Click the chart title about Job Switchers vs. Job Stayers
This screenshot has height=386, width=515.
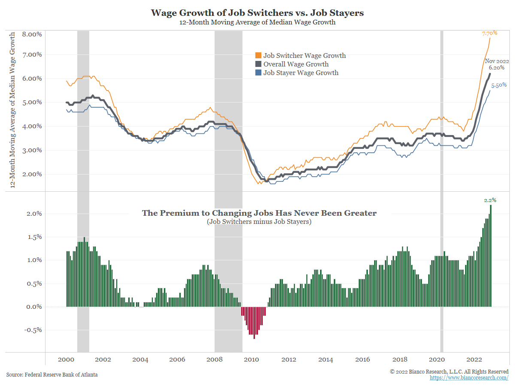257,13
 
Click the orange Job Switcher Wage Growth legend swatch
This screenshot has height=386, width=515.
258,56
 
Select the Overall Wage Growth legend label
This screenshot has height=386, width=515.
296,64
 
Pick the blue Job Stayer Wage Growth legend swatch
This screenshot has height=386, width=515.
258,73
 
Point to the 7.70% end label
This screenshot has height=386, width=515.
490,33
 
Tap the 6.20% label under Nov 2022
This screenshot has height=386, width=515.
497,68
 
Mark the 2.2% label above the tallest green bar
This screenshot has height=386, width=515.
490,200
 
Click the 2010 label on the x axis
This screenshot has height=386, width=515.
251,359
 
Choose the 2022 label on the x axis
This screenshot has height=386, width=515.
474,359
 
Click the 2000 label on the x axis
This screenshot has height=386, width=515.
66,359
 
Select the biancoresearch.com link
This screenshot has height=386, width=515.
469,378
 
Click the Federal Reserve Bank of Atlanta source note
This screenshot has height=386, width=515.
52,374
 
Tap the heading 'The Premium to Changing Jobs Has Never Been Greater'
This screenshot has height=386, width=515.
259,213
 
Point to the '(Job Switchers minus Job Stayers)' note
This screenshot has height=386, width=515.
259,222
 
